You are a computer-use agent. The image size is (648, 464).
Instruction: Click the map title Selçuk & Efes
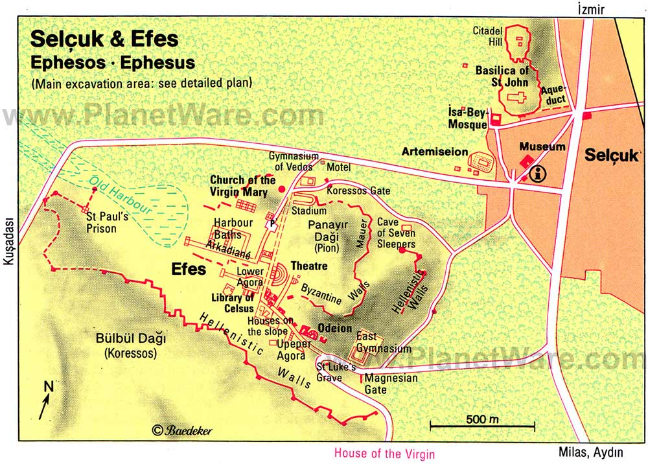point(104,40)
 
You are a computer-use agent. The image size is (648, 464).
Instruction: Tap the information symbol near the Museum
point(537,173)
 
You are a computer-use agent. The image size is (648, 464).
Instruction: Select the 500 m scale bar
point(482,425)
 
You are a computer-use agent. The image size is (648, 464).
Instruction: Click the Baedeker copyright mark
point(182,430)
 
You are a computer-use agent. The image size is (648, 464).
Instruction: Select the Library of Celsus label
point(231,303)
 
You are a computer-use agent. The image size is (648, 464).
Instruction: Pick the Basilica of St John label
point(502,76)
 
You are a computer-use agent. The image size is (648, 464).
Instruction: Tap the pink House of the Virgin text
point(384,454)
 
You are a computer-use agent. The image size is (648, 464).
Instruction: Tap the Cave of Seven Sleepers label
point(397,233)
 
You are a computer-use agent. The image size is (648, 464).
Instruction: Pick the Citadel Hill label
point(485,36)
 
